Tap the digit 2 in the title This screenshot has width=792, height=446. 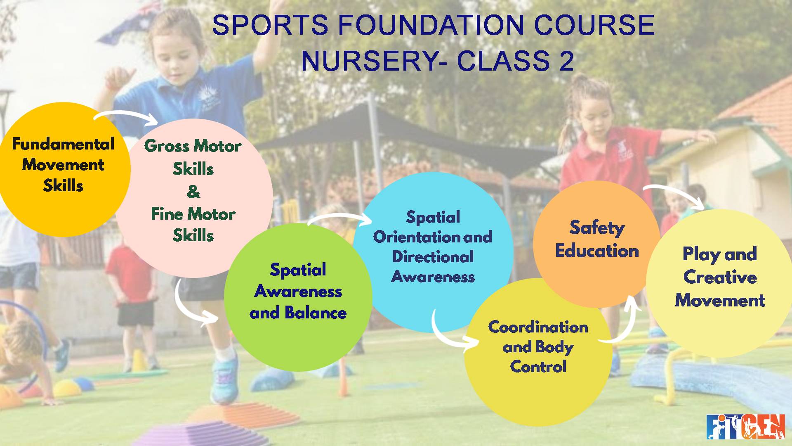click(567, 61)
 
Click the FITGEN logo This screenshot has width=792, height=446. click(745, 427)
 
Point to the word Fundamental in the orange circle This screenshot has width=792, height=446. click(63, 144)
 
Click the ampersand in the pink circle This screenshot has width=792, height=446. click(193, 192)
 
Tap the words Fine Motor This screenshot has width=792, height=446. click(193, 214)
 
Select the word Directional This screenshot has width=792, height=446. click(433, 257)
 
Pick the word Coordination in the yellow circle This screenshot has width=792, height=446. click(538, 327)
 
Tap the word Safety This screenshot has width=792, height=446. click(597, 228)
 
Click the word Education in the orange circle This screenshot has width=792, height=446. click(597, 251)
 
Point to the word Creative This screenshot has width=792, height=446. click(720, 277)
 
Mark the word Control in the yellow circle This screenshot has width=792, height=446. click(538, 367)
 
